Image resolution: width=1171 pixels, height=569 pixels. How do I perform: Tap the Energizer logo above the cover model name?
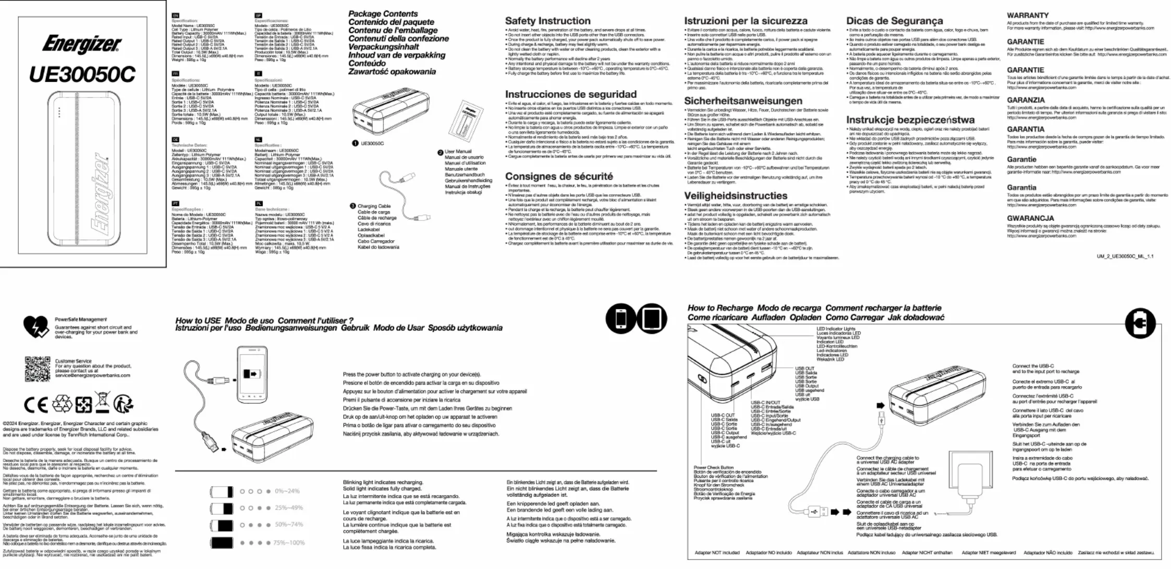82,44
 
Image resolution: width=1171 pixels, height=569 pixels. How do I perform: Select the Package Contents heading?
383,14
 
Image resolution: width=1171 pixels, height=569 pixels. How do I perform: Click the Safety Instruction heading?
547,21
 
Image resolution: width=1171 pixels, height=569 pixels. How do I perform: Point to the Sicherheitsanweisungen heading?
743,101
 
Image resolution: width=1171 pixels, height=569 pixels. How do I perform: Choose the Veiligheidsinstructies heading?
736,196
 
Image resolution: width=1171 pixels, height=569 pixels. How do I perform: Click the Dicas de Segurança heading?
895,21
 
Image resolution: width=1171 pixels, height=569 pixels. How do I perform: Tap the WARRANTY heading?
1028,16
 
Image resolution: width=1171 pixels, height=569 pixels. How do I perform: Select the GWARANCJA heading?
1030,218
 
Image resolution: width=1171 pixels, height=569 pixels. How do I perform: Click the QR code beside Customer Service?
38,369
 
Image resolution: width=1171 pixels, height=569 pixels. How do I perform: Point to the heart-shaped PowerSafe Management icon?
36,327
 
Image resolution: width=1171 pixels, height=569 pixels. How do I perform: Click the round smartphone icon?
621,318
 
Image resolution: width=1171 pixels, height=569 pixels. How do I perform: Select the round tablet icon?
652,318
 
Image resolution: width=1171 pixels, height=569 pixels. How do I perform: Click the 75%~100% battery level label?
289,542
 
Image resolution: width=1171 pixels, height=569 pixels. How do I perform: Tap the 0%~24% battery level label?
287,491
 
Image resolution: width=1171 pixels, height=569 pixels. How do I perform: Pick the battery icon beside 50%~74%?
222,525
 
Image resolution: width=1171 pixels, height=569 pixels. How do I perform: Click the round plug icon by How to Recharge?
1140,323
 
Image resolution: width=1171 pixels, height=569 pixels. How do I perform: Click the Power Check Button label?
713,467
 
